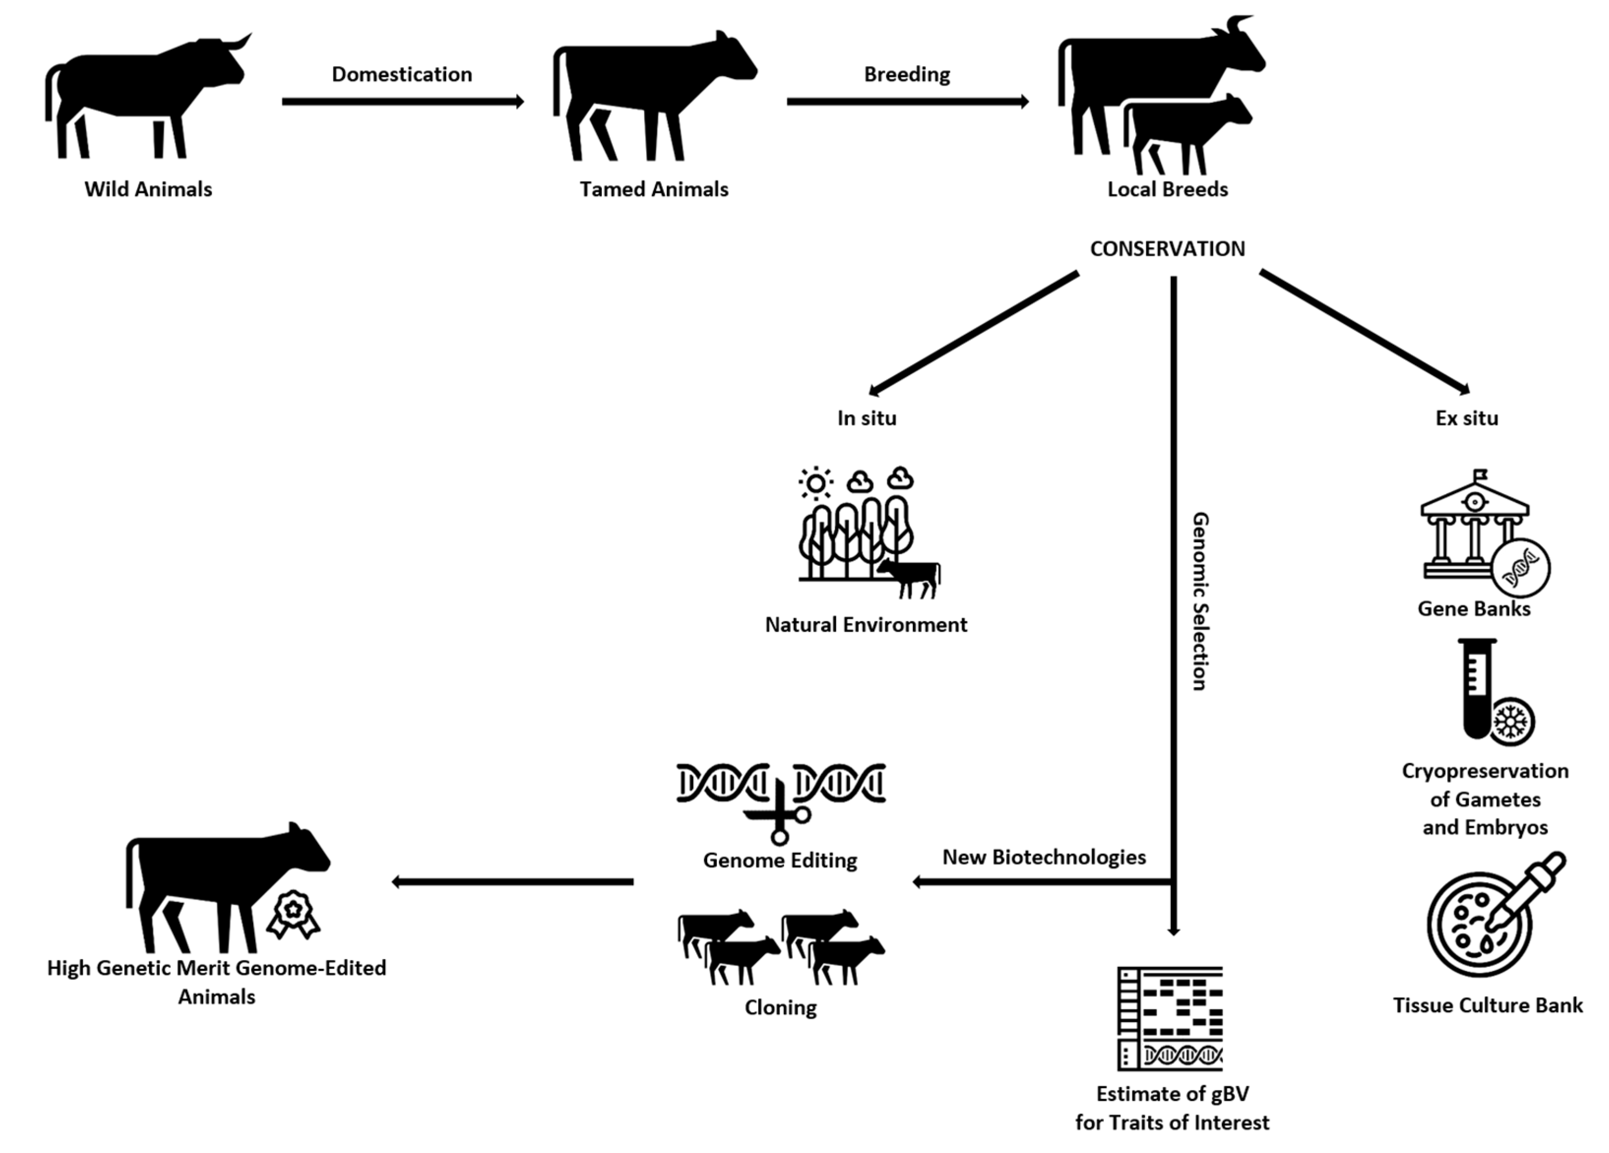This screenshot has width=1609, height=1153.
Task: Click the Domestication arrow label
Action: (x=402, y=74)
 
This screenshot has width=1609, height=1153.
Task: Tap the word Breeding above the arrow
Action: (x=907, y=74)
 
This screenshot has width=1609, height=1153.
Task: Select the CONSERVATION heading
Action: (x=1167, y=249)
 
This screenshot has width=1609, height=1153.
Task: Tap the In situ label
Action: (x=866, y=418)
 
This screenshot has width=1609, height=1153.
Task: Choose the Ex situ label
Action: (x=1466, y=418)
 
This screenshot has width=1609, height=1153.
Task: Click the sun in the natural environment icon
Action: (x=816, y=484)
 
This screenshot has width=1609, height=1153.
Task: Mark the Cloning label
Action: (x=780, y=1007)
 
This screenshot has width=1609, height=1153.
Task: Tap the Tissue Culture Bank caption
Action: (x=1487, y=1005)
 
